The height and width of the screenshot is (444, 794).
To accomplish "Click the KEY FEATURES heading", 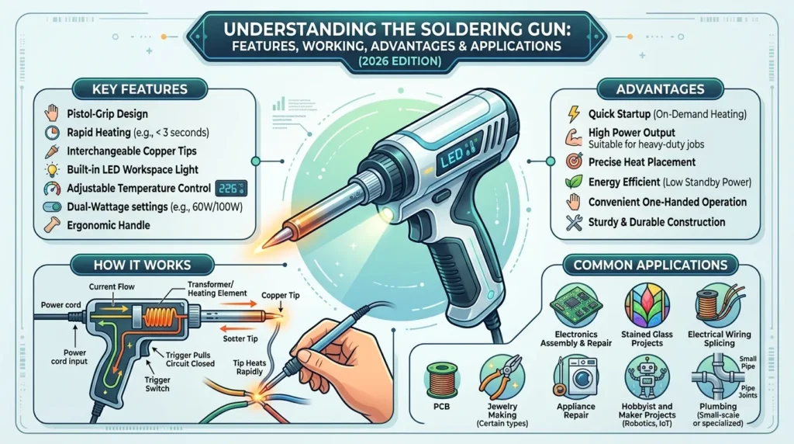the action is [140, 89].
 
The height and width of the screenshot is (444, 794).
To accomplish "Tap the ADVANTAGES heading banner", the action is [661, 89].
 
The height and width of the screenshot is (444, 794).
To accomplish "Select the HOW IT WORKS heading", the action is [143, 265].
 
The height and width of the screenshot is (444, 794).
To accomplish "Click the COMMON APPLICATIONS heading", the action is [651, 265].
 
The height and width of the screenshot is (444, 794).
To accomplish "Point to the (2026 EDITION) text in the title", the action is [399, 61].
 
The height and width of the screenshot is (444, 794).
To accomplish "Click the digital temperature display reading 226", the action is [231, 189].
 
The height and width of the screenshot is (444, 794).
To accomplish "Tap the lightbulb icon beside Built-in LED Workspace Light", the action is [52, 170].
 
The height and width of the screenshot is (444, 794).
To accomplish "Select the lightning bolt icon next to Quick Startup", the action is [574, 114].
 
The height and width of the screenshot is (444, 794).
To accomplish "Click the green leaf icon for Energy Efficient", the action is [574, 182].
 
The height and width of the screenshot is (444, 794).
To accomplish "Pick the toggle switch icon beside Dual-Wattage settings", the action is [52, 206].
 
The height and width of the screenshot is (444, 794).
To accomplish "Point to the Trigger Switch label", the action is [157, 384].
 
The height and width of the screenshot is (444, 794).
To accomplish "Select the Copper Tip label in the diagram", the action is [281, 295].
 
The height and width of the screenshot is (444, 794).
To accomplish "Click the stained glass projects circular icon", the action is [647, 305].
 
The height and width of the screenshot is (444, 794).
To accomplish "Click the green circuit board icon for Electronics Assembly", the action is [576, 305].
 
